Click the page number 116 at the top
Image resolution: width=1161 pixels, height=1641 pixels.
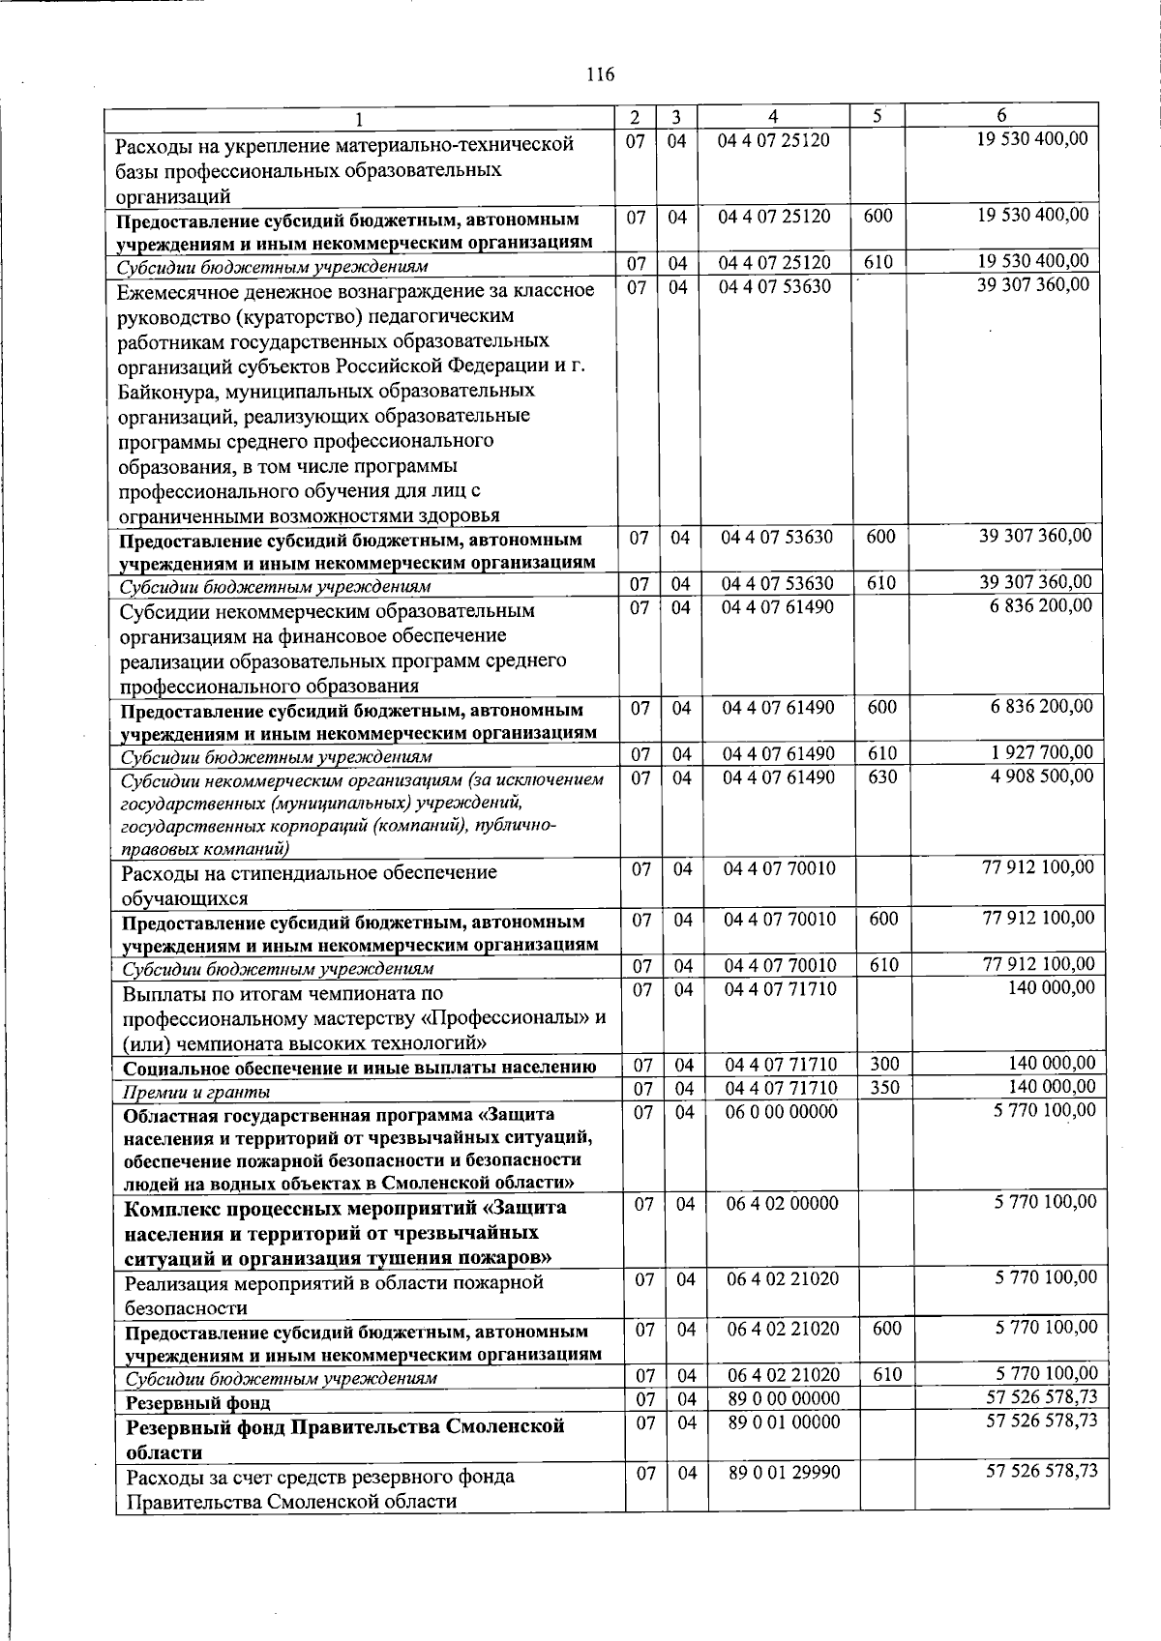click(x=600, y=74)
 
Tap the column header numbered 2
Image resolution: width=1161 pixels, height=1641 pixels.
click(x=634, y=117)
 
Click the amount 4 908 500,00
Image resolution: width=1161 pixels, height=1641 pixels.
click(x=1042, y=777)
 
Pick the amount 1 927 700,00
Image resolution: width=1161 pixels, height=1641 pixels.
click(x=1042, y=752)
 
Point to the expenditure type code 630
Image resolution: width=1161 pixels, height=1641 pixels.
click(x=882, y=777)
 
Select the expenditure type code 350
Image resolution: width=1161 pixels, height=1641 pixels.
click(x=884, y=1088)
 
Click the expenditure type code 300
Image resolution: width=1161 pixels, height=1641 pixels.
click(x=884, y=1065)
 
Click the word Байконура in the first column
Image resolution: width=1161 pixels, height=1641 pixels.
click(x=167, y=392)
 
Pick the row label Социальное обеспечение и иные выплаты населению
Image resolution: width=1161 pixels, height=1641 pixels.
click(x=359, y=1069)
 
